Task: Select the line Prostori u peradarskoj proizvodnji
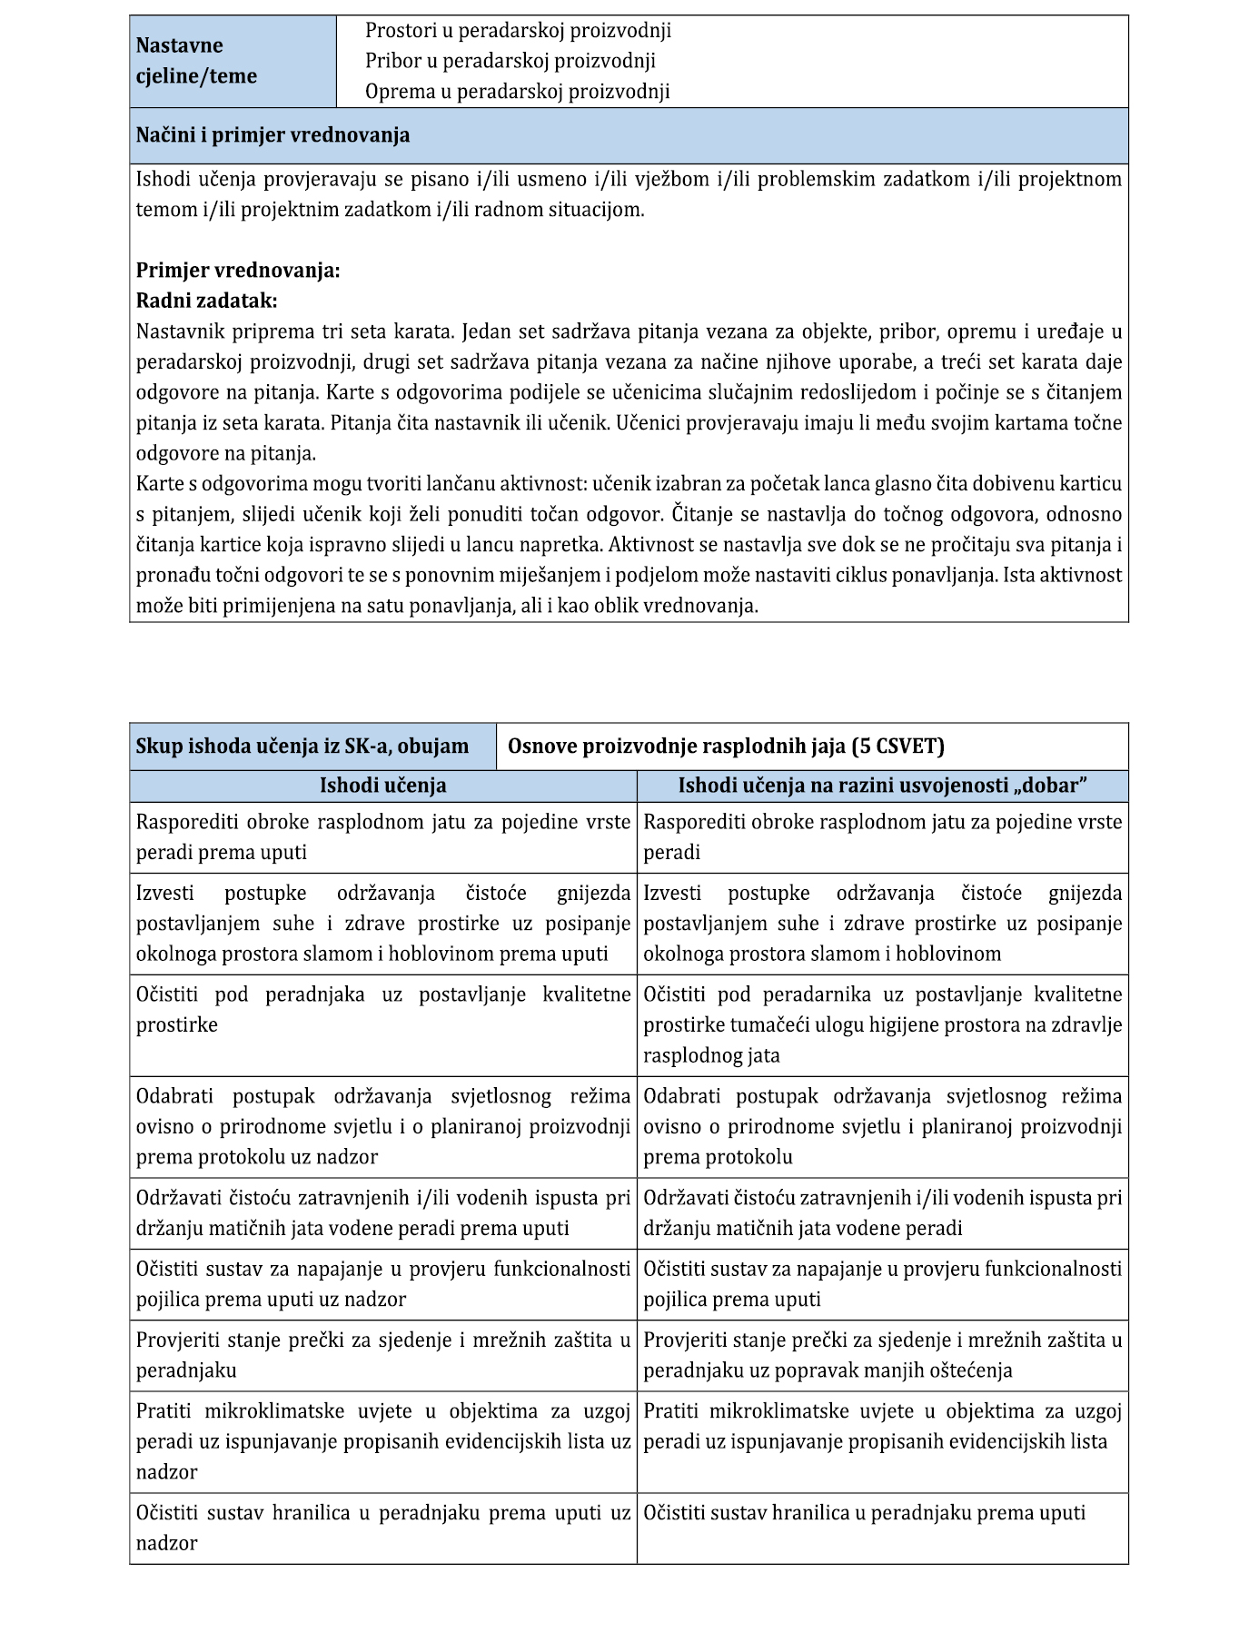[518, 31]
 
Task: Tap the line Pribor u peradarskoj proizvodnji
[510, 61]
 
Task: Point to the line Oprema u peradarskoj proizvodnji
[517, 91]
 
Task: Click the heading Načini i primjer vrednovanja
[273, 135]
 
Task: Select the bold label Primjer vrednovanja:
[238, 271]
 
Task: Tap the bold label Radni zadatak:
[206, 301]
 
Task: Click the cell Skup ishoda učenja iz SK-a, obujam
[302, 747]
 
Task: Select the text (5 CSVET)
[897, 747]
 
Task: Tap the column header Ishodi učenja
[382, 786]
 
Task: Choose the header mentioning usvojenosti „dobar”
[883, 786]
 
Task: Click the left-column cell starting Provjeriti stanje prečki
[382, 1355]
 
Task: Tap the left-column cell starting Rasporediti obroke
[382, 836]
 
